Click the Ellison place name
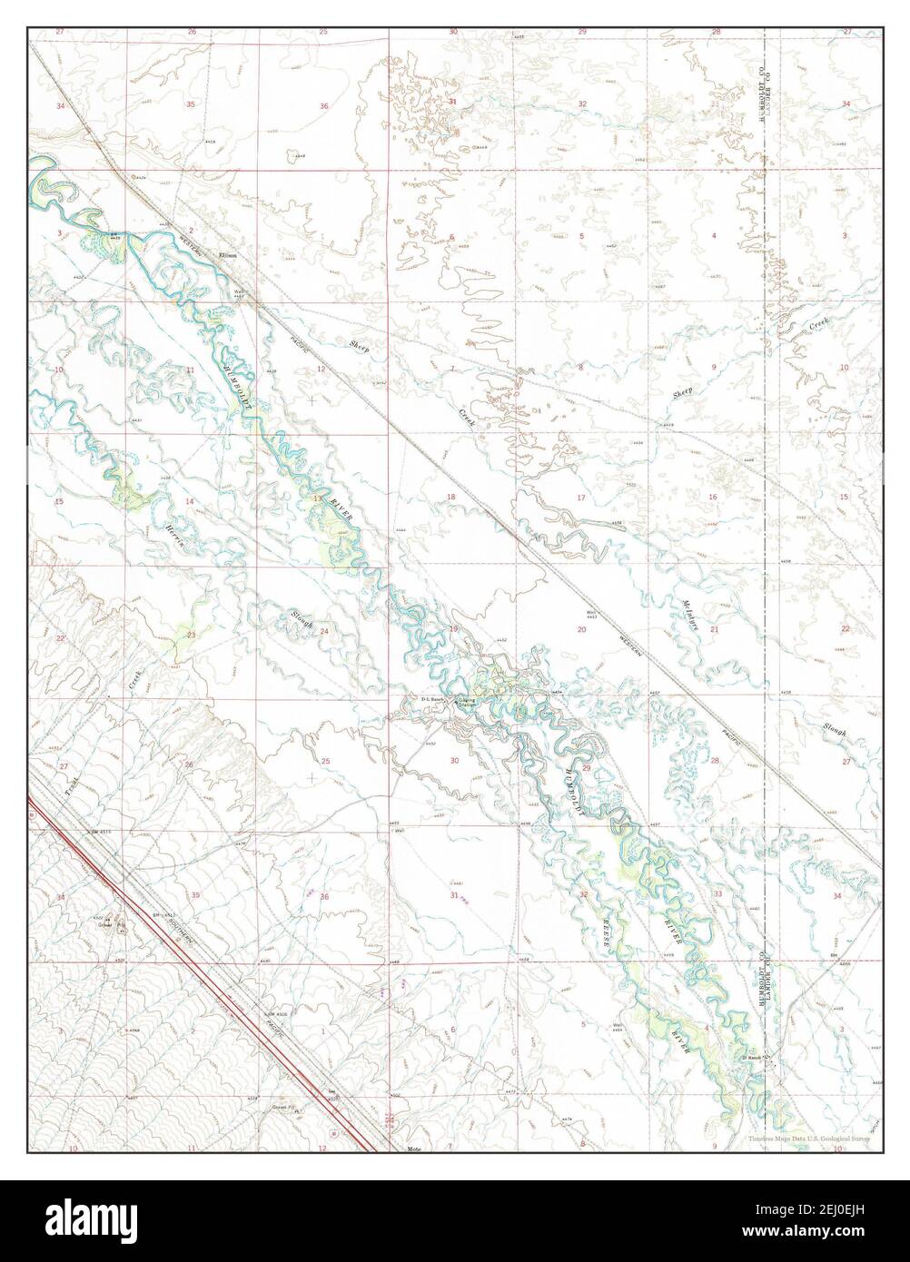[227, 256]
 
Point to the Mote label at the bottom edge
[415, 1148]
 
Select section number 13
[317, 500]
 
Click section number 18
[450, 498]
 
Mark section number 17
[581, 498]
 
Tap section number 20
[581, 629]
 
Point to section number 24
[322, 630]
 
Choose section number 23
[191, 635]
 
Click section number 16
[713, 497]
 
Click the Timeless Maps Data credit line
[808, 1139]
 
